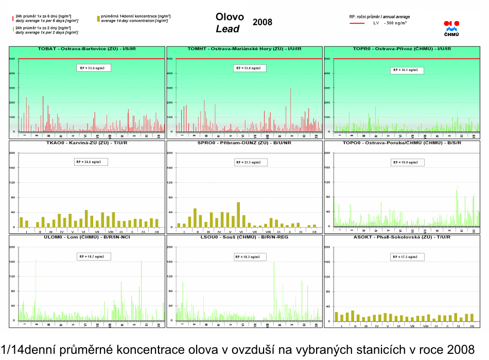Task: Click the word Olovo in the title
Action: click(x=230, y=17)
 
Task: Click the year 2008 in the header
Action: click(x=263, y=23)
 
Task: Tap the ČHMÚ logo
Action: click(x=451, y=28)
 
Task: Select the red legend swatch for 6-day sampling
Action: click(x=13, y=18)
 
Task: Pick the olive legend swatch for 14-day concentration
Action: click(x=98, y=18)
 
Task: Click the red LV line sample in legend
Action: click(x=357, y=23)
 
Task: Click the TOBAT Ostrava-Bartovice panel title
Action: click(x=87, y=48)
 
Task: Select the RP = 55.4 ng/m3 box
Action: click(x=93, y=67)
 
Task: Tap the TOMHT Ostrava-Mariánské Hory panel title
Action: click(x=244, y=48)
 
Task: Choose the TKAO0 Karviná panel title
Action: click(x=87, y=143)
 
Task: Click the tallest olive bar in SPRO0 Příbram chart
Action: click(x=238, y=214)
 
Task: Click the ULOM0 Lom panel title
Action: click(x=87, y=237)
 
